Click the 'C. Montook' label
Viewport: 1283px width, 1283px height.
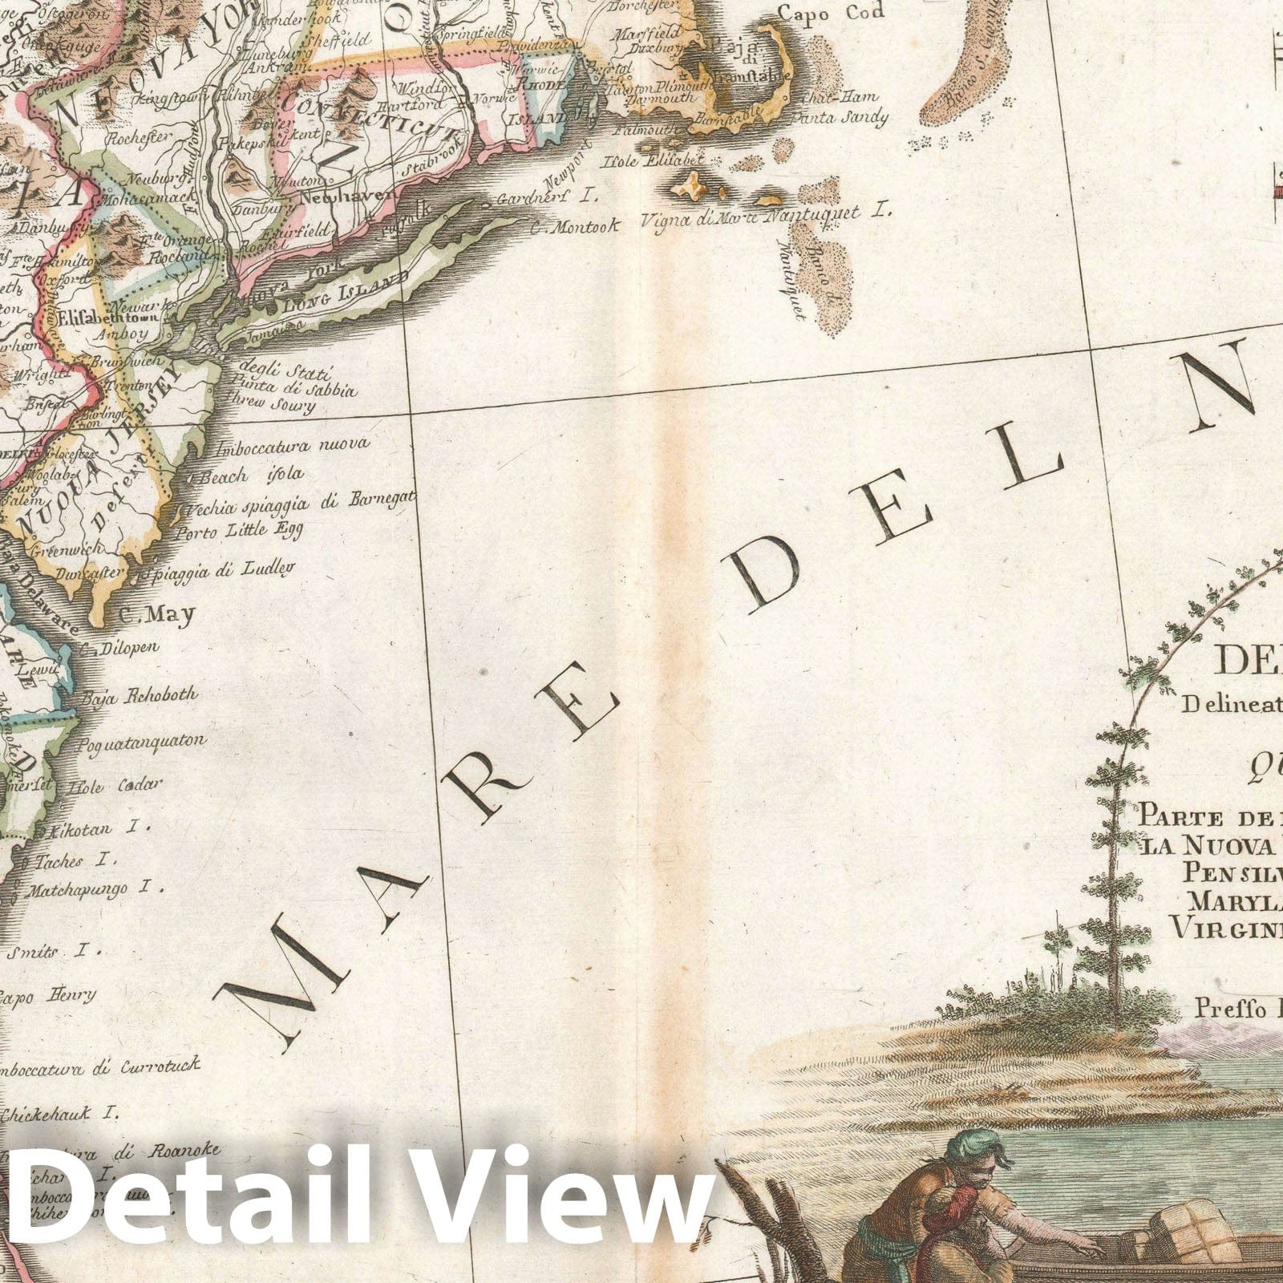pyautogui.click(x=573, y=227)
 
